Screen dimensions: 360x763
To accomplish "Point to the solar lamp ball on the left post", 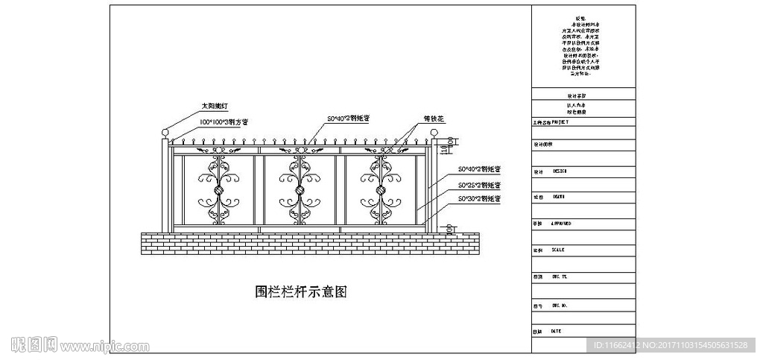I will point(164,133).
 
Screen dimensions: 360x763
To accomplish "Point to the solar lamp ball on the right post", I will point(434,133).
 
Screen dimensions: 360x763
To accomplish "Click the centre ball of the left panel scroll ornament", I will point(218,190).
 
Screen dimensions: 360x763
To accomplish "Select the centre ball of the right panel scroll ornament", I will point(381,190).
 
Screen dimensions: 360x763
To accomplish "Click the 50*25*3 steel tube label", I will point(479,184).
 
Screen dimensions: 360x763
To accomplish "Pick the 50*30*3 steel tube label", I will point(479,199).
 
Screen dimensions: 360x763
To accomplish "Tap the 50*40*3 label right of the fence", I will point(479,169).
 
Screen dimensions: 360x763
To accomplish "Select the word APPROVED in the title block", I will point(561,223).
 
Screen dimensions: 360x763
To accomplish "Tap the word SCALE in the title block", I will point(557,250).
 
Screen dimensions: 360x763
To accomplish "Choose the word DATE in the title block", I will point(556,330).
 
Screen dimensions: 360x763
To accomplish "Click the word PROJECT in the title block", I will point(560,121).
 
